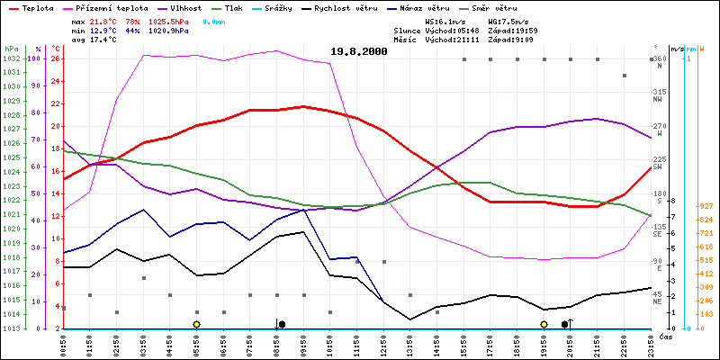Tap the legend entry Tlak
coord(246,7)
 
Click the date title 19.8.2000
coord(359,51)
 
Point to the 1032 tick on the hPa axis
coord(10,58)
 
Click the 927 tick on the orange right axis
coord(706,206)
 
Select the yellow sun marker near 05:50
coord(196,324)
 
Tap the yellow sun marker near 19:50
coord(544,324)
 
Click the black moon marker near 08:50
coord(282,324)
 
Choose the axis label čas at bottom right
coord(666,337)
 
